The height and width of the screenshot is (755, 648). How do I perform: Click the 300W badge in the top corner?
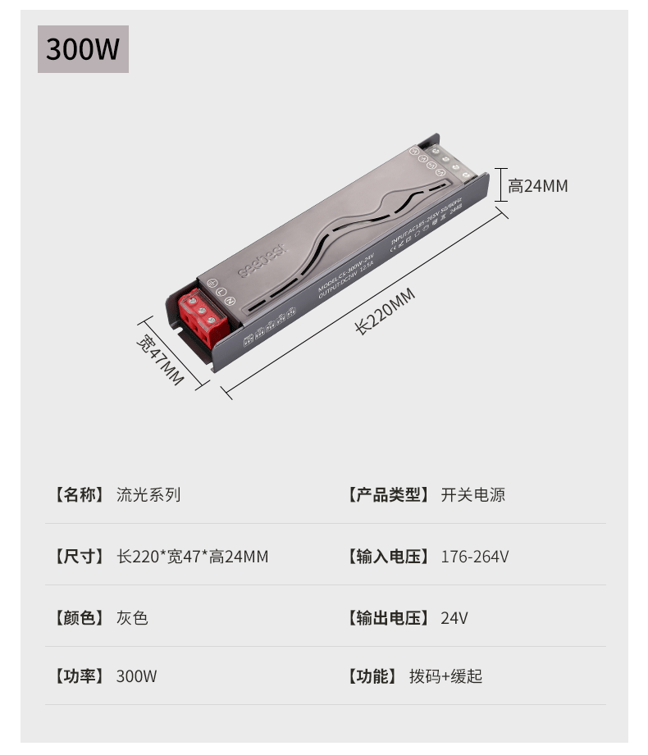click(83, 49)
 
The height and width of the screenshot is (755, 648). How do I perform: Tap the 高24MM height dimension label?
click(537, 186)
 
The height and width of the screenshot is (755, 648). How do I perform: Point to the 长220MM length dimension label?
click(386, 312)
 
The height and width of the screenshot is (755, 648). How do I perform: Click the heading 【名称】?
click(79, 495)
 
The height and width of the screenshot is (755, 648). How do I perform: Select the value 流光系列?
click(148, 495)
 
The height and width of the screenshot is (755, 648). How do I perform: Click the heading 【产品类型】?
click(388, 495)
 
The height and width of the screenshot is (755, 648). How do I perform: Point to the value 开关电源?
click(473, 495)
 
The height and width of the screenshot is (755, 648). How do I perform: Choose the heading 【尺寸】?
click(79, 557)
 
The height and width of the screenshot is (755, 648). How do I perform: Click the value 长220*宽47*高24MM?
click(193, 557)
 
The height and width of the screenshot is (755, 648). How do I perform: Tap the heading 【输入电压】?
click(388, 557)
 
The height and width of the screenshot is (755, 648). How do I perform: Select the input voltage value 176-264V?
click(475, 557)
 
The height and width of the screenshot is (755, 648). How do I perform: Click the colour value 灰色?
click(132, 618)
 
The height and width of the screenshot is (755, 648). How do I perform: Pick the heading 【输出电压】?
click(388, 618)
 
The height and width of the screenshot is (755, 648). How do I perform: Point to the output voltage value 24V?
click(454, 618)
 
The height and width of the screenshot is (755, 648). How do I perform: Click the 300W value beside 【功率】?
click(136, 676)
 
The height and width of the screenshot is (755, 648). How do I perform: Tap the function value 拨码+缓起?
click(446, 676)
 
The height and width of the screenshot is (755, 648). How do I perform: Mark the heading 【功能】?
click(372, 676)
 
